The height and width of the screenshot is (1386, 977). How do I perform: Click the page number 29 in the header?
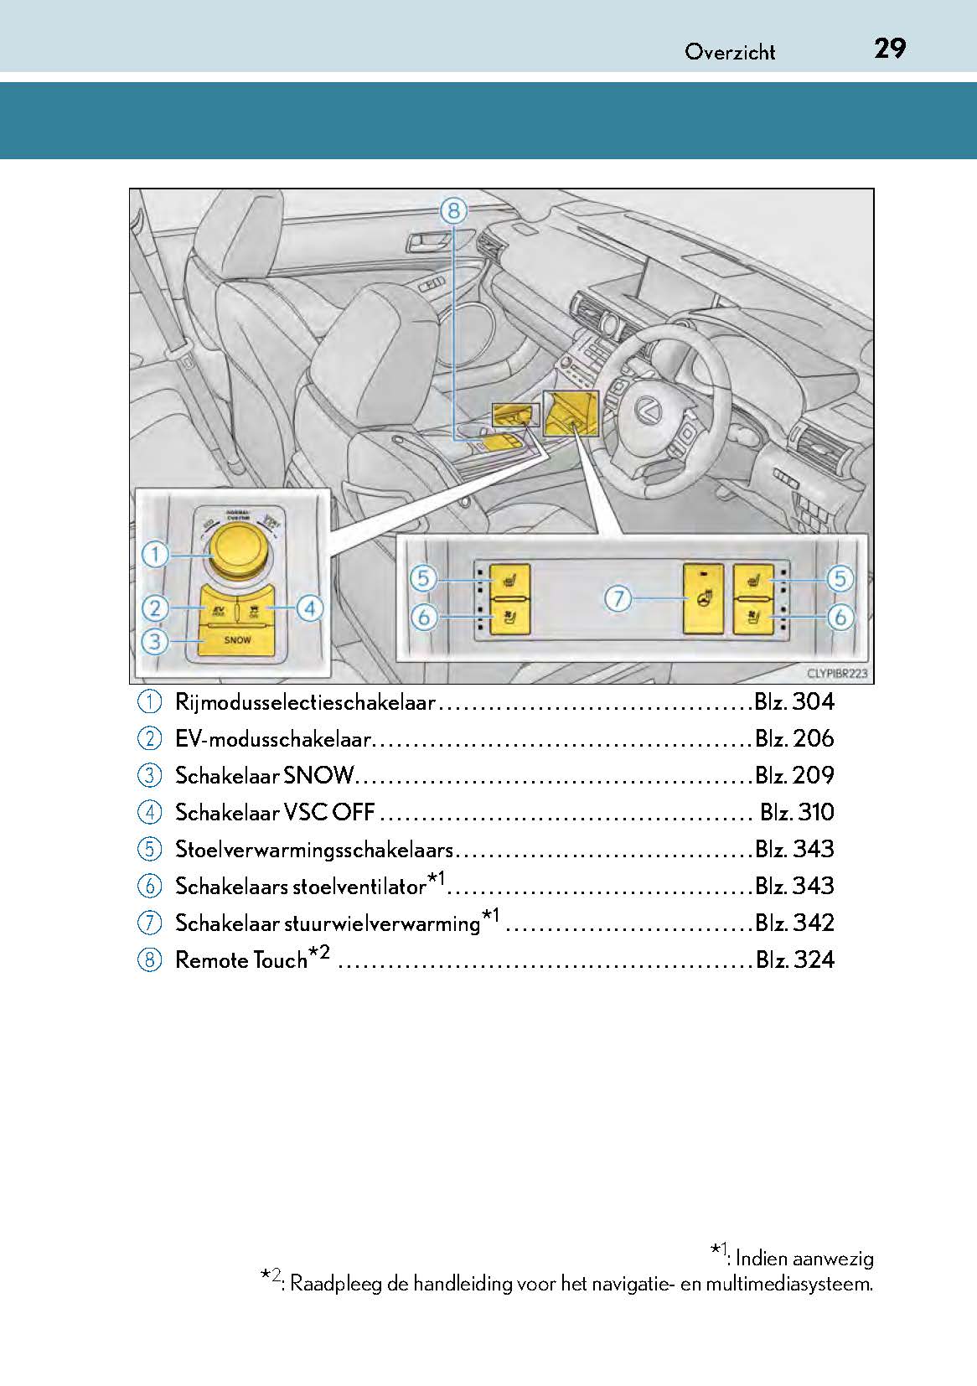click(889, 49)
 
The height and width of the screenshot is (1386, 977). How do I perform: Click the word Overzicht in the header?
click(730, 52)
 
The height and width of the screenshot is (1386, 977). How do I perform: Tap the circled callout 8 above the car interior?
click(452, 210)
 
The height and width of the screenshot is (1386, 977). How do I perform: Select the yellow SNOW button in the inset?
click(237, 640)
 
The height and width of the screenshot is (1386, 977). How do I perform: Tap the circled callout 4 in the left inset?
click(309, 608)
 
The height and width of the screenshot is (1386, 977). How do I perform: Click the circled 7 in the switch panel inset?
click(618, 598)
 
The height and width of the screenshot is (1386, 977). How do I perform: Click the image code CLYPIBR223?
click(836, 674)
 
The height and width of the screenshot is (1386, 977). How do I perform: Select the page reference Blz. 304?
click(794, 702)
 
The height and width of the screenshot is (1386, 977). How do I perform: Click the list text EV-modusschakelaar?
click(272, 739)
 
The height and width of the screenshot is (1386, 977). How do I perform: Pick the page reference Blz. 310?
click(797, 813)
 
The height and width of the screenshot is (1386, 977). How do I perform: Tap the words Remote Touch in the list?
click(241, 960)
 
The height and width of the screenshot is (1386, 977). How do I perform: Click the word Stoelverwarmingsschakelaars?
click(313, 850)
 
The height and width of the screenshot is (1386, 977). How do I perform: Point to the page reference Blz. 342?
click(794, 923)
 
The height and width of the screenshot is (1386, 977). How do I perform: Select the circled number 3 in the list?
click(149, 776)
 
